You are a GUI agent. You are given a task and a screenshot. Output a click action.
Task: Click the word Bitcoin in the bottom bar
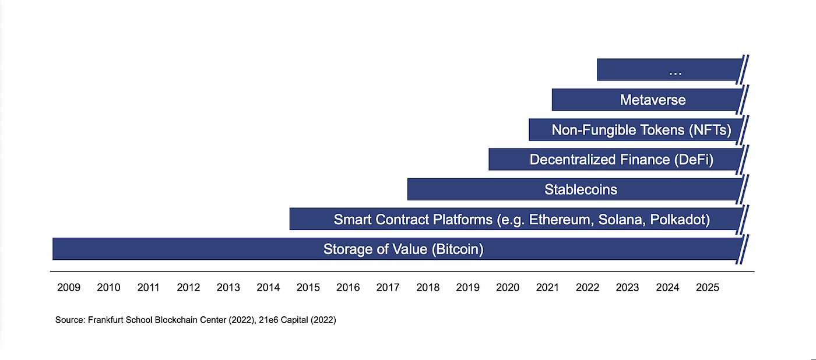pyautogui.click(x=458, y=249)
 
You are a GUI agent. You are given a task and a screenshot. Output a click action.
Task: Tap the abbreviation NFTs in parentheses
pyautogui.click(x=710, y=130)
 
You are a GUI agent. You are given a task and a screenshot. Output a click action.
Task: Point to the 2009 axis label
pyautogui.click(x=69, y=288)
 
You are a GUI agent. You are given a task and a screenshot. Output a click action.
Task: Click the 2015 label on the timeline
pyautogui.click(x=308, y=288)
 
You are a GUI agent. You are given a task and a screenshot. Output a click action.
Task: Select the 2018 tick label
pyautogui.click(x=428, y=288)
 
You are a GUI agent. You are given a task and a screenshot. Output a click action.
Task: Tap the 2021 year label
pyautogui.click(x=547, y=288)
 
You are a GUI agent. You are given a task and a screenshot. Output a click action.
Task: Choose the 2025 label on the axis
pyautogui.click(x=707, y=288)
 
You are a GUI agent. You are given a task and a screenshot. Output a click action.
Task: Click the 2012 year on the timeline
pyautogui.click(x=188, y=288)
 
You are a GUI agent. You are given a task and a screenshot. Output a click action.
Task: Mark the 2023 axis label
pyautogui.click(x=627, y=288)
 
